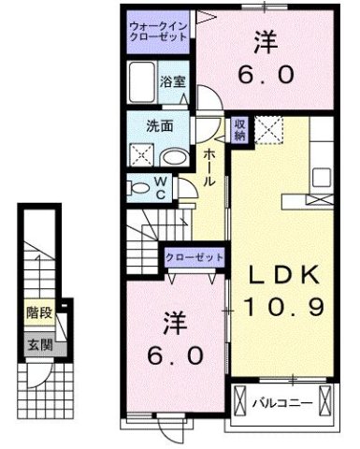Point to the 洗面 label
pyautogui.click(x=156, y=125)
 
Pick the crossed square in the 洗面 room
pyautogui.click(x=142, y=154)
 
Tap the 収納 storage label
pyautogui.click(x=239, y=129)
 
